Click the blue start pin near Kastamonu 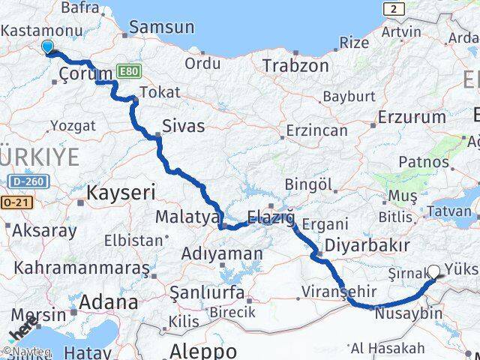click(x=48, y=46)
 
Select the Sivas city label click(x=184, y=124)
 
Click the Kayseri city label click(x=121, y=193)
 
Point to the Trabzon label click(x=295, y=66)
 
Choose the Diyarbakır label click(x=367, y=245)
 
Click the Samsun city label click(x=162, y=28)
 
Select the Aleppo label click(x=203, y=350)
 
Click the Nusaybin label click(x=409, y=313)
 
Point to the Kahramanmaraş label click(x=76, y=267)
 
